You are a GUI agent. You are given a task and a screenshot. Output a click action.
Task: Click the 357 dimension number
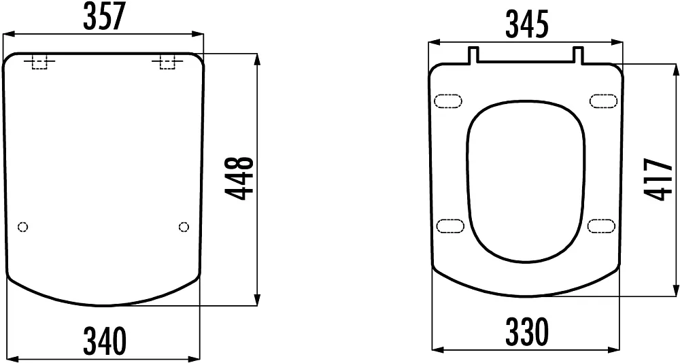pyautogui.click(x=103, y=16)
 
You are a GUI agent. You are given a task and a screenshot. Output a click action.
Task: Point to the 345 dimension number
pyautogui.click(x=526, y=24)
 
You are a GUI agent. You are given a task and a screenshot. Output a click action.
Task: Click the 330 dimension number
pyautogui.click(x=527, y=332)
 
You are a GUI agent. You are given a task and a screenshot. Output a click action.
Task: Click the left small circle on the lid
pyautogui.click(x=23, y=226)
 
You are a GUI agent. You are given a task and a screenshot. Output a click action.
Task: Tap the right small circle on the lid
pyautogui.click(x=184, y=226)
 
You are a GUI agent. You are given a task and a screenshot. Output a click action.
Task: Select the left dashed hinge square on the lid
pyautogui.click(x=39, y=63)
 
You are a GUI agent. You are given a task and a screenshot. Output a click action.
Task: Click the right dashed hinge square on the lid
pyautogui.click(x=167, y=63)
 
